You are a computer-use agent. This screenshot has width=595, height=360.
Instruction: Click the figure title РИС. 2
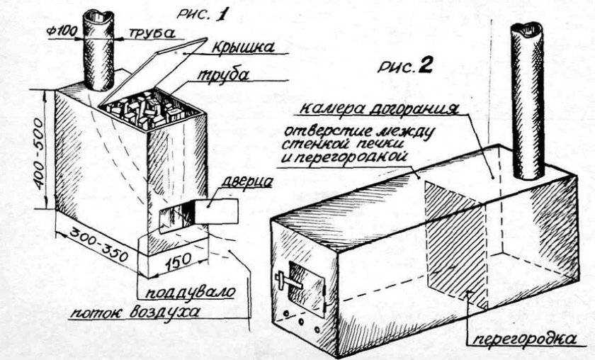click(405, 67)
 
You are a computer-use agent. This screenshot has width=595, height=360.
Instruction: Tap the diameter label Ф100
click(62, 30)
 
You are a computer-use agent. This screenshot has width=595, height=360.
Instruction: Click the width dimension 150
click(178, 261)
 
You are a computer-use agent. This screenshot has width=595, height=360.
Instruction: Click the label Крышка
click(242, 47)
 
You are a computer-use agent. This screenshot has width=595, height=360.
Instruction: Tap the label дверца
click(246, 181)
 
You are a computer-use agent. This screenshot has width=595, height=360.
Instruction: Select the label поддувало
click(191, 293)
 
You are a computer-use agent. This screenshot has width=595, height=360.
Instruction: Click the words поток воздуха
click(135, 312)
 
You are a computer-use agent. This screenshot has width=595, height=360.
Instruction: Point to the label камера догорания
click(378, 108)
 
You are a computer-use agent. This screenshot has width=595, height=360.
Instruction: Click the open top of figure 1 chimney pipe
click(98, 16)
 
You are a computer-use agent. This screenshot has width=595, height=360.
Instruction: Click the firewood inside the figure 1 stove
click(150, 110)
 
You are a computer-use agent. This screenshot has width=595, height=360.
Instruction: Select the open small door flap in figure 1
click(216, 211)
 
